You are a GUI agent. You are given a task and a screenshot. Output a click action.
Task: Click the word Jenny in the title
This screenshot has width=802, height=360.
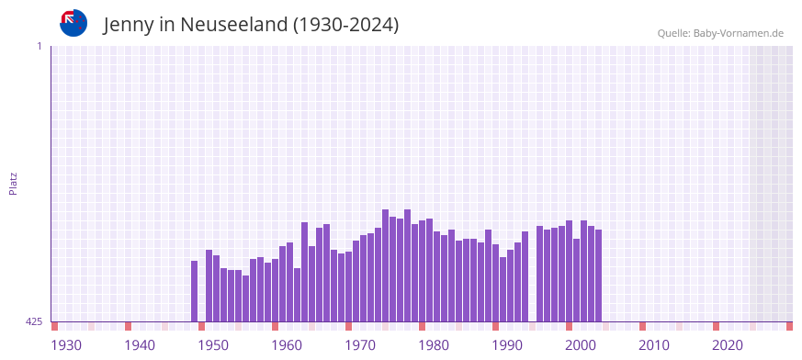[x=129, y=25]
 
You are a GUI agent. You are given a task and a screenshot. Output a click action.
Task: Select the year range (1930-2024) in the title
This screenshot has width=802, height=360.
[x=345, y=25]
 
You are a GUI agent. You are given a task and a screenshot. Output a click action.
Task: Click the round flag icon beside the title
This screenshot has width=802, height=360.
[x=73, y=23]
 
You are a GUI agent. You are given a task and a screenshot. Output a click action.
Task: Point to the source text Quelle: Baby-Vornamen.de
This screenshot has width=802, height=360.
[x=720, y=34]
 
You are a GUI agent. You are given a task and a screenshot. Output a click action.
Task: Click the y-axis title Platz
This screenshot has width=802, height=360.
[x=13, y=183]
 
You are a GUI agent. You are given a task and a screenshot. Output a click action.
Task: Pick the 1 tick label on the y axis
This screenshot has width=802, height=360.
[x=39, y=46]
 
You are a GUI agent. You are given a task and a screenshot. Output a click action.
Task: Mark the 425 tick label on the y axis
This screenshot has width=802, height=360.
[x=34, y=321]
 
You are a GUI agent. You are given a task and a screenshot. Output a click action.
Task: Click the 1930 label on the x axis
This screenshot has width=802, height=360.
[x=66, y=345]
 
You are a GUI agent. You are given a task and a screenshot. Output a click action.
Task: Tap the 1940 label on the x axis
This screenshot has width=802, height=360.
[x=140, y=345]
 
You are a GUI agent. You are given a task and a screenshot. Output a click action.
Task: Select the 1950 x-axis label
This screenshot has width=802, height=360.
[x=213, y=345]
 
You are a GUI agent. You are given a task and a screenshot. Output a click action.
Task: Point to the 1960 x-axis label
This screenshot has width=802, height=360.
[x=287, y=345]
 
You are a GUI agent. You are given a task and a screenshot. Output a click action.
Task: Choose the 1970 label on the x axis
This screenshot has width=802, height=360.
[x=360, y=345]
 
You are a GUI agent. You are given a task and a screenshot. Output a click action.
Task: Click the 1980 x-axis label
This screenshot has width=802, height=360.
[x=434, y=345]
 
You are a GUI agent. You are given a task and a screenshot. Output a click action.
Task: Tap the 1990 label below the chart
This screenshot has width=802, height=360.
[x=507, y=345]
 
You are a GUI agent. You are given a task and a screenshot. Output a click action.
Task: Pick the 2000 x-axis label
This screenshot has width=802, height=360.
[x=581, y=345]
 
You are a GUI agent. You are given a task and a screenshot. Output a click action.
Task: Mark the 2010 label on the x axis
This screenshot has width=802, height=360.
[x=654, y=345]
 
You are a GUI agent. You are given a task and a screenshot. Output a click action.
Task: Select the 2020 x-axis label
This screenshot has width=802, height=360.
[x=728, y=345]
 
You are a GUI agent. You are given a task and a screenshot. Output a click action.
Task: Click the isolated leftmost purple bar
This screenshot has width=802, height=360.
[x=194, y=291]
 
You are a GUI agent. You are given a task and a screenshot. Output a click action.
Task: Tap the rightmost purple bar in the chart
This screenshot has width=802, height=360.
[x=598, y=276]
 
